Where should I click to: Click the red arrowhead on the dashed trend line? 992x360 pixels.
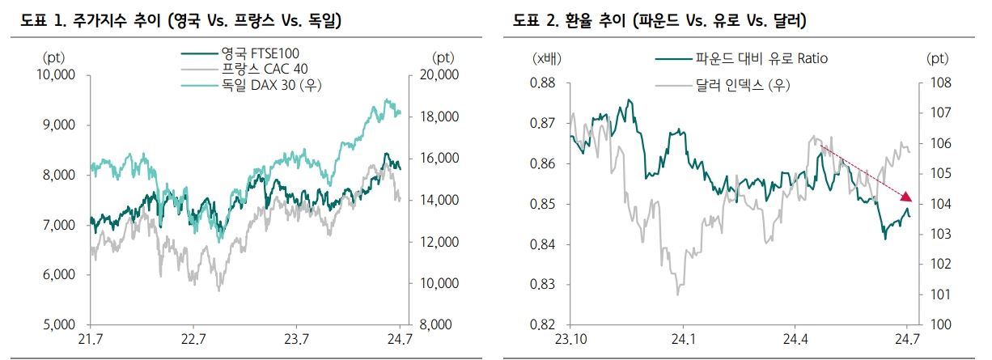click(906, 197)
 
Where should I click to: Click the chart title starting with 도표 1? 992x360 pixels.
click(180, 20)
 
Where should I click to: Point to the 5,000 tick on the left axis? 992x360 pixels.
click(57, 325)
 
